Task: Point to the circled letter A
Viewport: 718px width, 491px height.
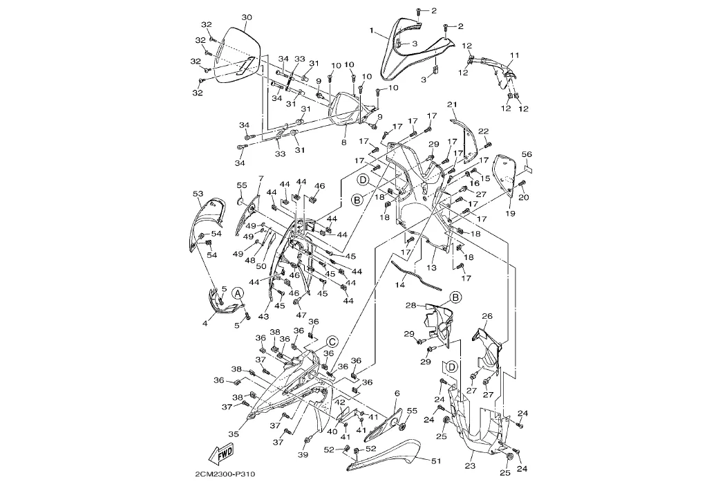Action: coord(237,293)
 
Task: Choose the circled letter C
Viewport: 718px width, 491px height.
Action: coord(332,341)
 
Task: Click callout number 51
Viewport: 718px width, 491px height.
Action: coord(435,461)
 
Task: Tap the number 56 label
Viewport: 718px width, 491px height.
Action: coord(526,154)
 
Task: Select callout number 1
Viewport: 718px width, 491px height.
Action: coord(372,31)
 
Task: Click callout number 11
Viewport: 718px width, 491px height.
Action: coord(514,55)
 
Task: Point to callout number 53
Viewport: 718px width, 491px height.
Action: coord(198,194)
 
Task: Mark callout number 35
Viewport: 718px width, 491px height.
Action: coord(234,434)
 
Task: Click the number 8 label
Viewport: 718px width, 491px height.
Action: coord(343,142)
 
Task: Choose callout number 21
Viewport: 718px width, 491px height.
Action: coord(453,105)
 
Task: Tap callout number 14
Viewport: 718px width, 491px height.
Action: coord(400,285)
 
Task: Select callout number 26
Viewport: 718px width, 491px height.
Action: coord(487,316)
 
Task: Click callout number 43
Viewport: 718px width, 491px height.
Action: coord(263,316)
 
